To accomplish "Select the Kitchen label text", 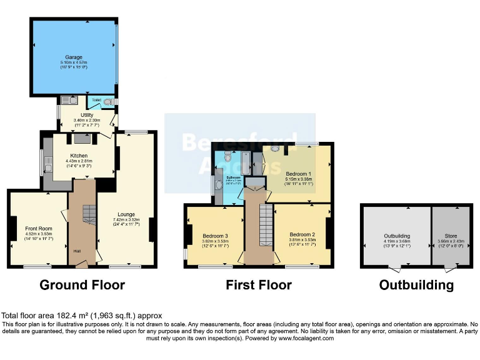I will (x=79, y=156).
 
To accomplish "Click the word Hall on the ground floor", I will (x=77, y=251).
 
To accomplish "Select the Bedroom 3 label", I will (x=216, y=236).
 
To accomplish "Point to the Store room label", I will (x=451, y=236).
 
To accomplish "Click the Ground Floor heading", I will (x=82, y=285).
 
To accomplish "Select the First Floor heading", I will (x=259, y=285).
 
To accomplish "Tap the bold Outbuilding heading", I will (x=416, y=285).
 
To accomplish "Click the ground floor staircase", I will (x=88, y=216).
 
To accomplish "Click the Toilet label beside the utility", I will (x=97, y=99).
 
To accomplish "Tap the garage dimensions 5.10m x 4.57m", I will (x=74, y=62).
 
